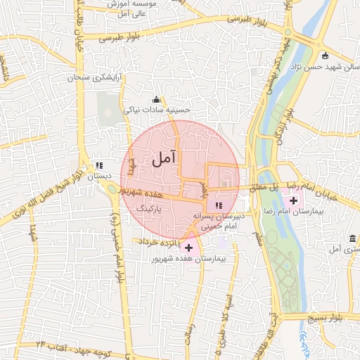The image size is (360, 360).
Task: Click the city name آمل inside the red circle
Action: pos(162,160)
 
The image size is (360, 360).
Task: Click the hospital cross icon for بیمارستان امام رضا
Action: pos(292,201)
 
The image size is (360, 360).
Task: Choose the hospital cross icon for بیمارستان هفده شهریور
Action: pos(188,247)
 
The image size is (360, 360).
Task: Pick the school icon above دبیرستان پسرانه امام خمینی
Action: pos(219,205)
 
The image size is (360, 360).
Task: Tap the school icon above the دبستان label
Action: pos(99,166)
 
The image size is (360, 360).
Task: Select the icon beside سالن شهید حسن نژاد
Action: pos(324,56)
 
